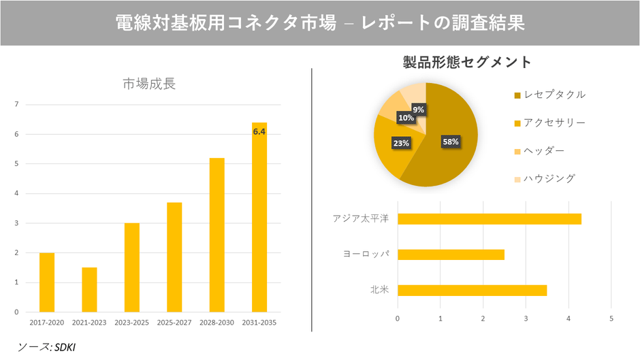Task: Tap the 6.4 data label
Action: pos(259,132)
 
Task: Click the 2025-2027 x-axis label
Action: pos(174,322)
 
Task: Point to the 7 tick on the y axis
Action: pos(16,104)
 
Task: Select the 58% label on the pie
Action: pos(451,142)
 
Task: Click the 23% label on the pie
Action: pos(401,143)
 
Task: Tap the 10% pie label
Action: pos(406,118)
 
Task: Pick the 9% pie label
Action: pos(419,110)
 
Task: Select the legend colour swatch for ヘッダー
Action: pos(517,151)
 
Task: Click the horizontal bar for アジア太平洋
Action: pos(489,218)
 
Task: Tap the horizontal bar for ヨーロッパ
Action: pos(451,255)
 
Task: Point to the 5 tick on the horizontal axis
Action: pos(611,318)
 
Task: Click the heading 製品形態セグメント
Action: pos(467,63)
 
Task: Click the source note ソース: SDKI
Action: pos(46,347)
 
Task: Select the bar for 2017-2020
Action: pos(47,282)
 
